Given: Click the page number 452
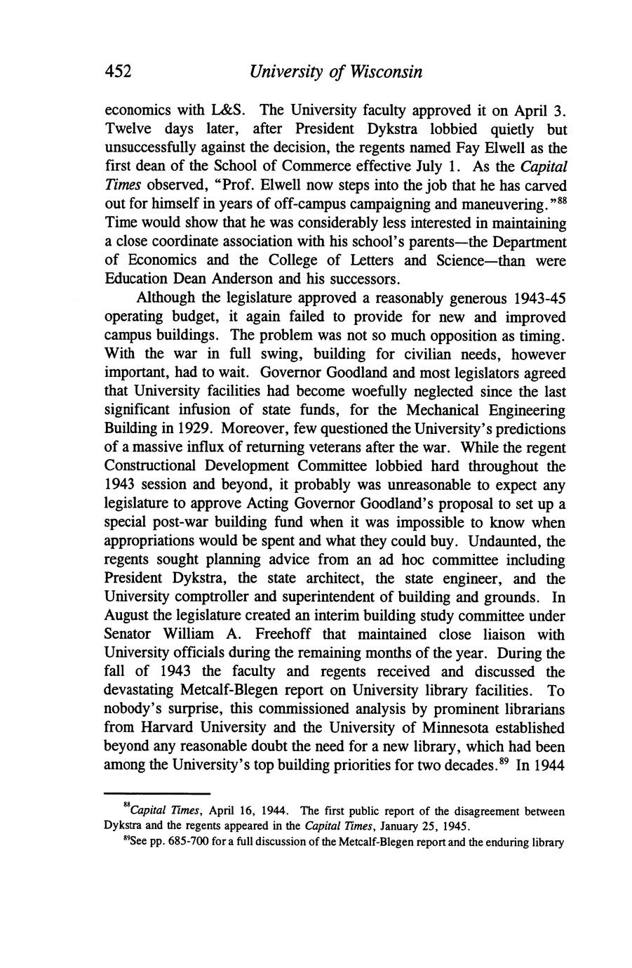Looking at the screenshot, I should (119, 72).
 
